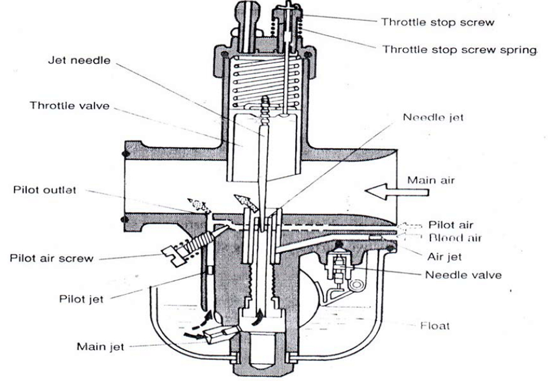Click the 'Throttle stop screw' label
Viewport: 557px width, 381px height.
point(437,23)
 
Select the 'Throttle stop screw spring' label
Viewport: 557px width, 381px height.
point(459,50)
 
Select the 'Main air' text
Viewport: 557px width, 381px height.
point(431,180)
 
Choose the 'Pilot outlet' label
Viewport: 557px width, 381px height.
point(45,190)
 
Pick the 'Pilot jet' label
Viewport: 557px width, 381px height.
point(81,299)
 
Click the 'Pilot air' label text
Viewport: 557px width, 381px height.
point(451,225)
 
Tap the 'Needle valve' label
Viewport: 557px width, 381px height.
point(463,275)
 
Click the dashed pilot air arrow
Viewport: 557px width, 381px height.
point(412,226)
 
